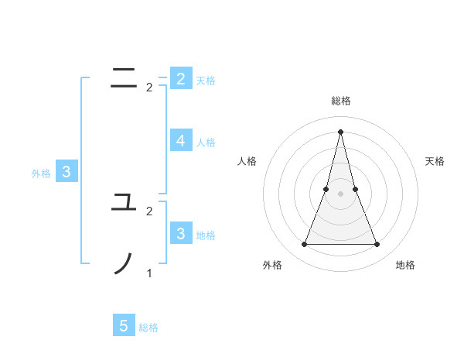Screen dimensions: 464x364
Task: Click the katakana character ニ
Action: point(124,77)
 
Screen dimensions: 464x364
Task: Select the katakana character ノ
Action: point(124,263)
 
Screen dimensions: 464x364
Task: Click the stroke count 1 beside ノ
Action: point(149,273)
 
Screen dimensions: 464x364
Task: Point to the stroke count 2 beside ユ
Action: point(149,211)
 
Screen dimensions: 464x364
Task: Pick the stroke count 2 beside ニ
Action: point(149,88)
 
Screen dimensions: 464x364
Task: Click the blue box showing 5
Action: point(124,326)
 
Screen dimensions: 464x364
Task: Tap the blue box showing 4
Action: point(180,140)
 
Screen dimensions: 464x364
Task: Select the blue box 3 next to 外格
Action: point(67,172)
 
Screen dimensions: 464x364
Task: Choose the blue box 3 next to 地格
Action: point(180,233)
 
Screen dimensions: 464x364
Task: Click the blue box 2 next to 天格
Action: point(180,78)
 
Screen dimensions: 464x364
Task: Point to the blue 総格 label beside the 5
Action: point(148,328)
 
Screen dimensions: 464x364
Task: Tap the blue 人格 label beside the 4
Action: point(206,143)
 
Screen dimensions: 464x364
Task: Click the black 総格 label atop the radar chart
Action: point(341,101)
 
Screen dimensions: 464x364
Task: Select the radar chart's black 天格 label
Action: point(435,161)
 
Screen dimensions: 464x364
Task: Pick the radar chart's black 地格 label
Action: point(405,265)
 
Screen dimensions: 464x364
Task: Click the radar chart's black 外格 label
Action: point(272,265)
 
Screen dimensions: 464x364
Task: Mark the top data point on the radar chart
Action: point(341,131)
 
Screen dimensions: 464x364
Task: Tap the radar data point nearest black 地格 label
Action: point(377,245)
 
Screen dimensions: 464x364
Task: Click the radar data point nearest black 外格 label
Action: point(305,245)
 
